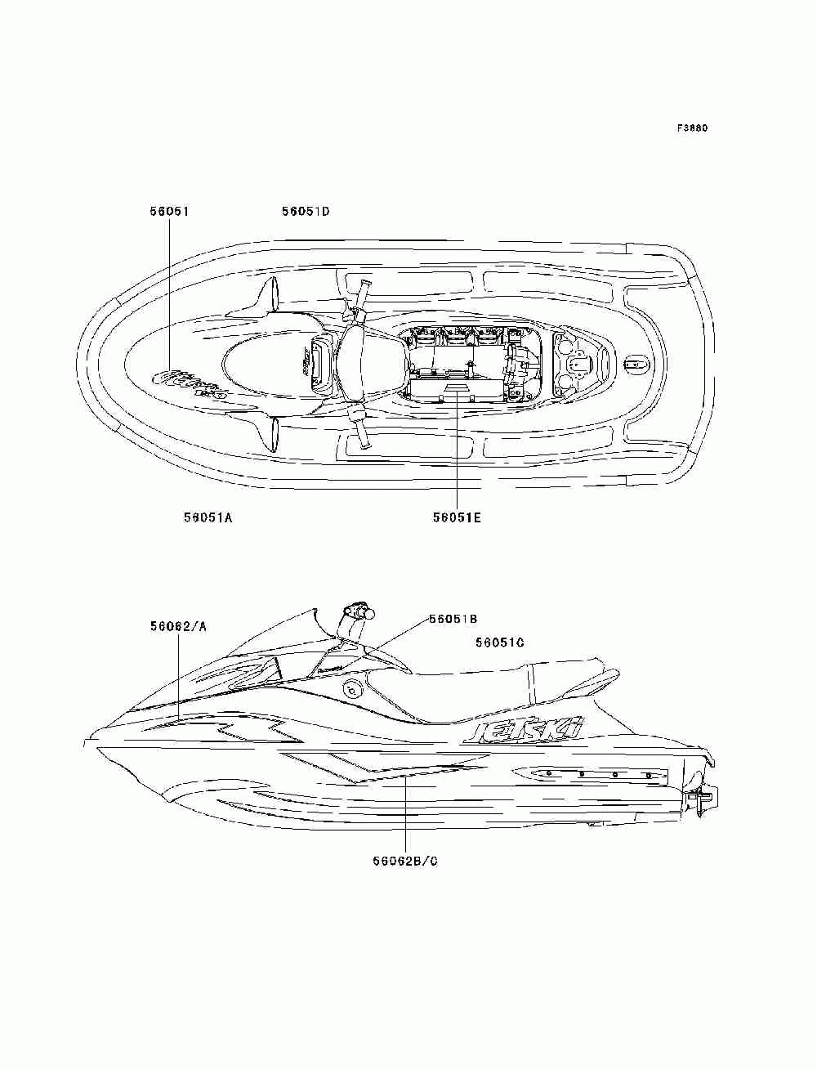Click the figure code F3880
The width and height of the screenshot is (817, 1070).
coord(691,128)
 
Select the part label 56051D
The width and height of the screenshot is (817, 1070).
coord(305,211)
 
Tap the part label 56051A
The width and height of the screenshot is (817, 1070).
coord(208,517)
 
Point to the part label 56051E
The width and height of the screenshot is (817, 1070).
coord(457,517)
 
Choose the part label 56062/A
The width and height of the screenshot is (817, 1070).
coord(178,626)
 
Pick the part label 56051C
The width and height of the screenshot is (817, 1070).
coord(500,642)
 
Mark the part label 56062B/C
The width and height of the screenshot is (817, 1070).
coord(405,861)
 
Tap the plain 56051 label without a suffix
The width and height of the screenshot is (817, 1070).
coord(169,211)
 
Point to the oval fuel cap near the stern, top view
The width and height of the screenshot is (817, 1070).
coord(635,364)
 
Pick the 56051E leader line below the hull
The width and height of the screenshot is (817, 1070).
coord(457,466)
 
